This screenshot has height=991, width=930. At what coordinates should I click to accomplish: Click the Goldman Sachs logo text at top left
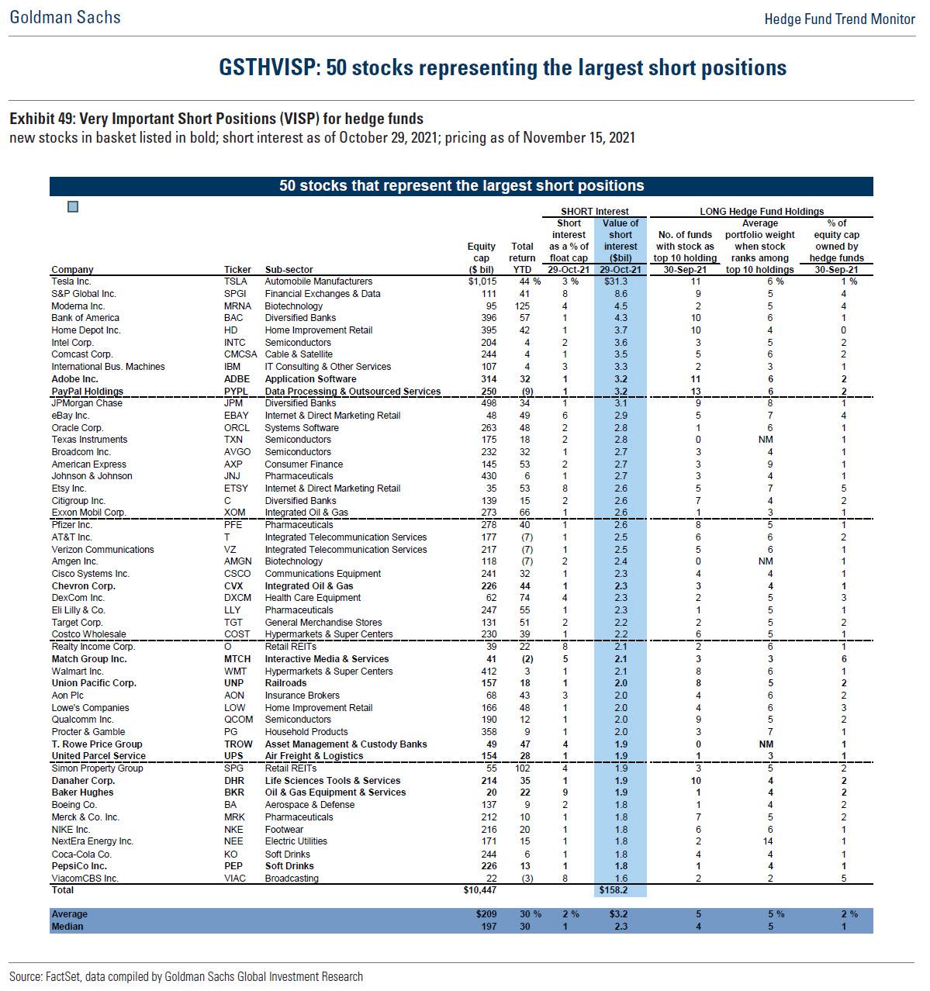coord(65,17)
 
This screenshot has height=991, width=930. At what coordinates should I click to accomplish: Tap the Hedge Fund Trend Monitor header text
coord(839,19)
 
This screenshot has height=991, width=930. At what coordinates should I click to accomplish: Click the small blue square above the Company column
coord(73,206)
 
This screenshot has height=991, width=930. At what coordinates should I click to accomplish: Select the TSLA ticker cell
coord(235,281)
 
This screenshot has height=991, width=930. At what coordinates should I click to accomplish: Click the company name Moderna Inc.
coord(78,306)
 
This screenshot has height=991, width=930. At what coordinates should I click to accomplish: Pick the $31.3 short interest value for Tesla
coord(620,281)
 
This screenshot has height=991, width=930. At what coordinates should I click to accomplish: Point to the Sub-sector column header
coord(289,270)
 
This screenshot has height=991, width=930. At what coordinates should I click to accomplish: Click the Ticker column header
coord(237,270)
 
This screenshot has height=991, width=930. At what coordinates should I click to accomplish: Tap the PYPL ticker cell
coord(236,392)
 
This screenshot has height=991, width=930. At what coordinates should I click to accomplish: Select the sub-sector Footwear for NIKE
coord(284,829)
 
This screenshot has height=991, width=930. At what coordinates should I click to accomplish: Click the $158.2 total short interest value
coord(621,890)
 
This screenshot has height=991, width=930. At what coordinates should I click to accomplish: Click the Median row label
coord(67,927)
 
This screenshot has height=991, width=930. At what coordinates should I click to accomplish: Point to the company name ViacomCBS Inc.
coord(85,878)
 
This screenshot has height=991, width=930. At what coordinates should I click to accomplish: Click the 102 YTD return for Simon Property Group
coord(526,768)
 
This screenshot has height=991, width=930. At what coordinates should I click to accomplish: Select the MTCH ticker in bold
coord(237,659)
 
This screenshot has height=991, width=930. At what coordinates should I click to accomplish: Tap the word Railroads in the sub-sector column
coord(285,683)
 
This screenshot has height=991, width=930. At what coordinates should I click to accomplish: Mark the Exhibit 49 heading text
coord(216,119)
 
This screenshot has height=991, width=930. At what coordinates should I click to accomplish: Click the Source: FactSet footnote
coord(186,976)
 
